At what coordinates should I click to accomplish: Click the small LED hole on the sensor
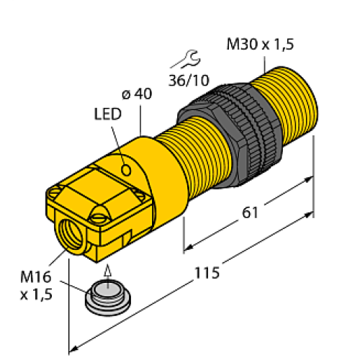point(127,170)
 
